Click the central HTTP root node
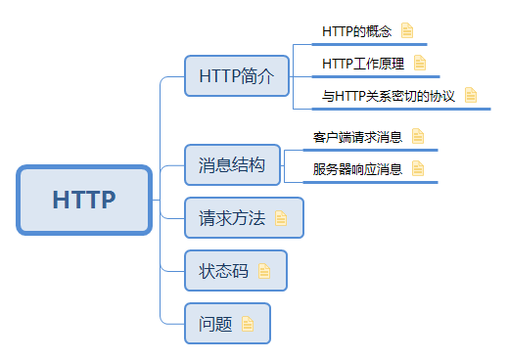[84, 200]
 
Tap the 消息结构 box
[231, 164]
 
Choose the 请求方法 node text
[232, 218]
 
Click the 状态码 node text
[224, 271]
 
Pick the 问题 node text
[215, 324]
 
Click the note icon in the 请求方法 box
[282, 218]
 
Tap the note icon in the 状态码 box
[264, 271]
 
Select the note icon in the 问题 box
[248, 324]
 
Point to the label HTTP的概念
[356, 31]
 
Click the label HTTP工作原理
[363, 64]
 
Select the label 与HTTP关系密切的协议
[389, 96]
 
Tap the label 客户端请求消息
[357, 137]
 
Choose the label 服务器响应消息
[357, 169]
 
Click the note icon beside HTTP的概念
[407, 31]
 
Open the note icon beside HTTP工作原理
[420, 64]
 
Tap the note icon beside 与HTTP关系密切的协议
[472, 95]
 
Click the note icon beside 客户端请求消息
[418, 137]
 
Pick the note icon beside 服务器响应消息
[418, 168]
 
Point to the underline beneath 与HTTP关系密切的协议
[392, 110]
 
